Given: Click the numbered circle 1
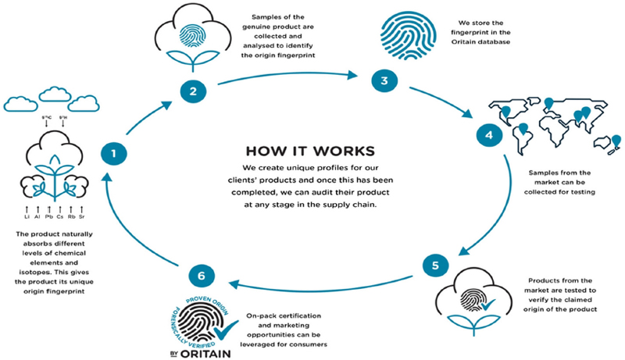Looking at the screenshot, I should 113,154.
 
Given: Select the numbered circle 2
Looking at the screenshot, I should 191,91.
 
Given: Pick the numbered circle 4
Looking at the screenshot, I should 490,137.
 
